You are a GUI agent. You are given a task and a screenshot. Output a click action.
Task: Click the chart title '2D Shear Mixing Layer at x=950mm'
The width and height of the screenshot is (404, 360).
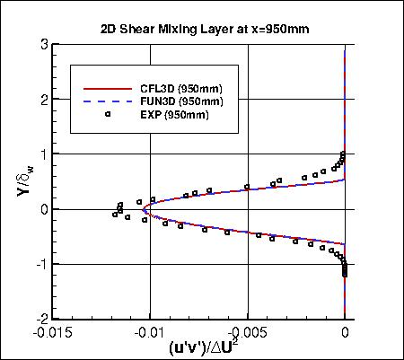click(x=204, y=28)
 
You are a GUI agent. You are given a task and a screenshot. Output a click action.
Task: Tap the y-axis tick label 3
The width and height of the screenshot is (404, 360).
click(x=42, y=46)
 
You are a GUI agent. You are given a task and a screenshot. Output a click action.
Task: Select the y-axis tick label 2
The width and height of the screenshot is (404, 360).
click(x=42, y=101)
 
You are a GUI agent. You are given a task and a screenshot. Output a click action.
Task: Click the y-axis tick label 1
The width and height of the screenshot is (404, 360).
click(x=42, y=154)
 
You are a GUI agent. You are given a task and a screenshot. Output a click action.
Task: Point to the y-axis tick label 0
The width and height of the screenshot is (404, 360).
click(x=42, y=209)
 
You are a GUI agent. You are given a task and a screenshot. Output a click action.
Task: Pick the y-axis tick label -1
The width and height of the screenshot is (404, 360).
click(x=40, y=264)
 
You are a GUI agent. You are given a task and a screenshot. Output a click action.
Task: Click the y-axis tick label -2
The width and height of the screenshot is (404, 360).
click(x=40, y=318)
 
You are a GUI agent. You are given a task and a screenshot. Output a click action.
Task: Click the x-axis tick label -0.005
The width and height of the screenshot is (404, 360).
click(x=247, y=331)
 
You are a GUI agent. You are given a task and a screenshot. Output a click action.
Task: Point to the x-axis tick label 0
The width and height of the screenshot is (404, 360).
click(x=346, y=331)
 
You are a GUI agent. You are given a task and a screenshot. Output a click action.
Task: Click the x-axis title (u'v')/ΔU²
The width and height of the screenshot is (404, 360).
click(x=198, y=347)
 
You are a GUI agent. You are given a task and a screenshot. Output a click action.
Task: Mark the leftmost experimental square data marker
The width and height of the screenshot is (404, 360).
click(x=115, y=215)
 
